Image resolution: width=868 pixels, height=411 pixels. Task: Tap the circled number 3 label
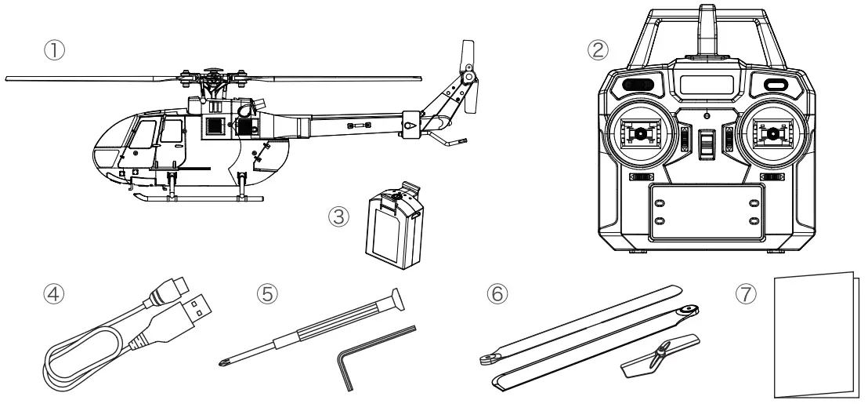pos(338,214)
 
